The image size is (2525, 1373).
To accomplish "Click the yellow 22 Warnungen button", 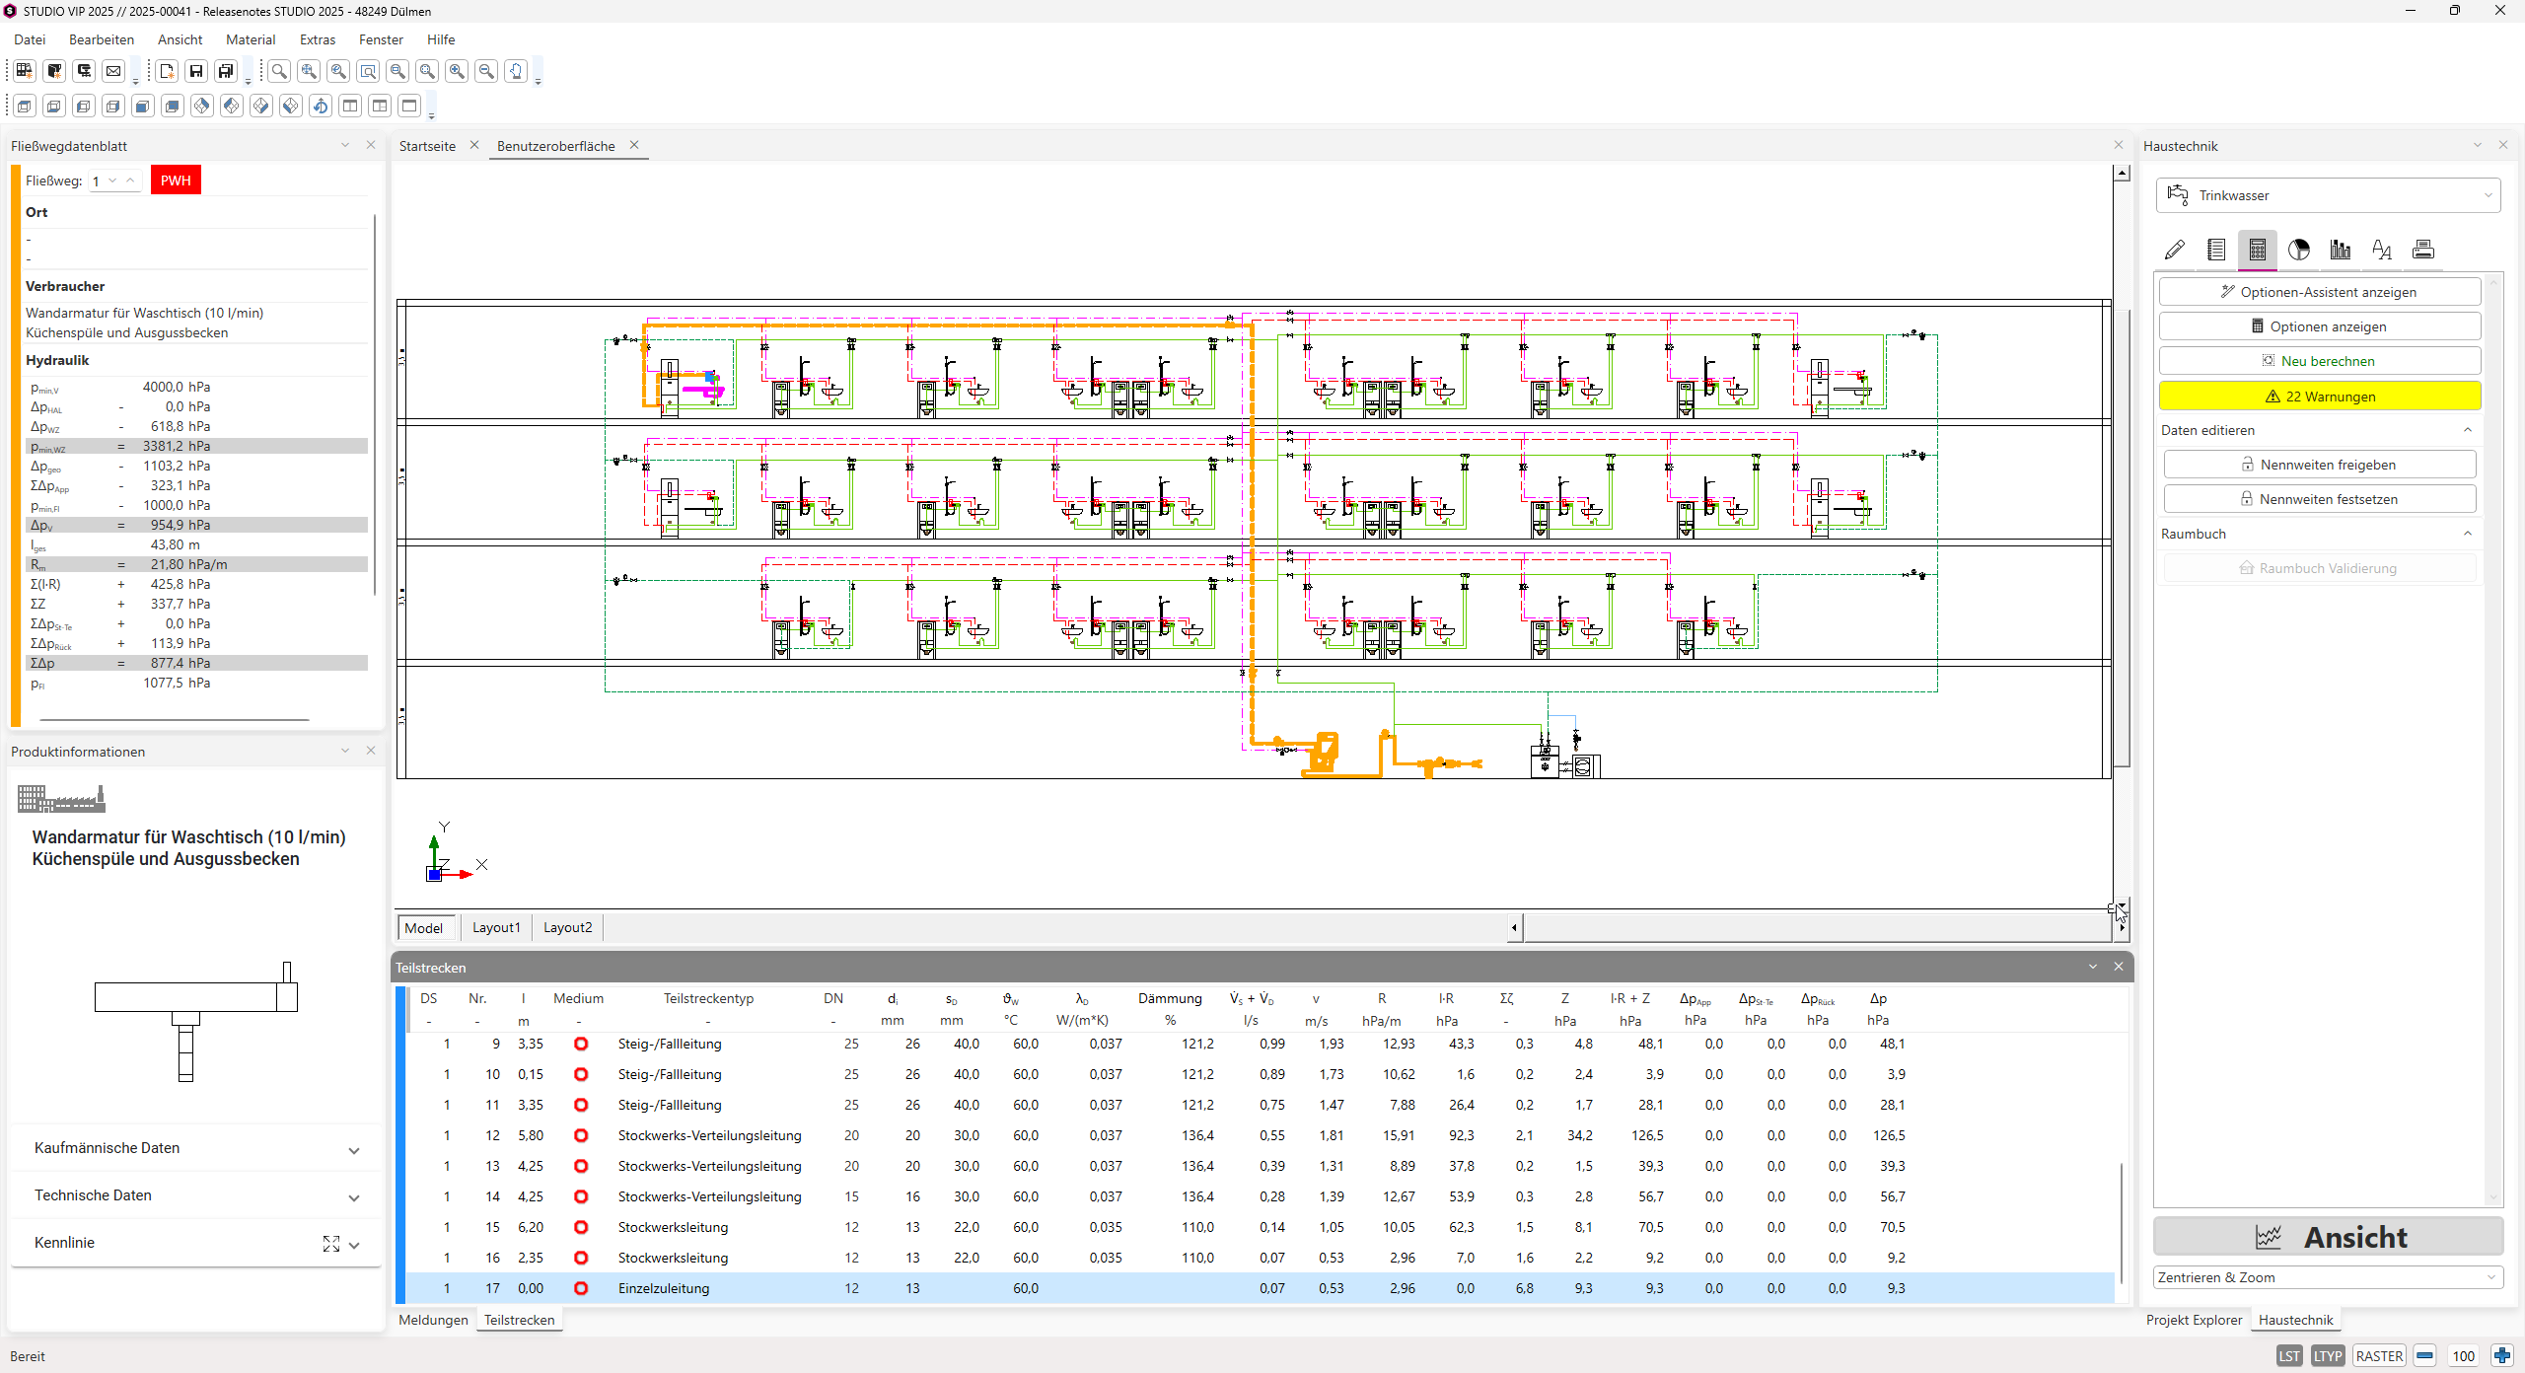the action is [x=2319, y=397].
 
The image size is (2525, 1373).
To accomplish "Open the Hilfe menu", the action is [x=441, y=39].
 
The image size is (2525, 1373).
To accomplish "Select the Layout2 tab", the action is [x=567, y=927].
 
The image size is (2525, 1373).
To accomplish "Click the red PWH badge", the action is [x=176, y=181].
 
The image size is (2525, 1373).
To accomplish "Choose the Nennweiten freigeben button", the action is [x=2319, y=465].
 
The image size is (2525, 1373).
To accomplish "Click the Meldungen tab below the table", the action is [x=433, y=1320].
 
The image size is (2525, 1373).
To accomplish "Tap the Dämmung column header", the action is [x=1170, y=998].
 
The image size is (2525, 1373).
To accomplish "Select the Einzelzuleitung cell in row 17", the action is [x=664, y=1288].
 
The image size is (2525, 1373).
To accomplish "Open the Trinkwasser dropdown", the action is [x=2328, y=195].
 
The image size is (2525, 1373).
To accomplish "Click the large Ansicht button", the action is [x=2328, y=1237].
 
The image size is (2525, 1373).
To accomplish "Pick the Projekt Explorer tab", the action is [x=2194, y=1320].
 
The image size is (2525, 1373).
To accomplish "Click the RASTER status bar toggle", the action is [x=2379, y=1356].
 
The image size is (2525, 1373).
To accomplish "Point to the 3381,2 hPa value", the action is [x=177, y=446].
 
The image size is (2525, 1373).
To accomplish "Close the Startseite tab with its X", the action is [x=474, y=145].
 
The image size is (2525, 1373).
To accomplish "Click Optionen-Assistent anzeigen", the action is [x=2319, y=292].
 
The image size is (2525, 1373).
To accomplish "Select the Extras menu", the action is [x=318, y=39].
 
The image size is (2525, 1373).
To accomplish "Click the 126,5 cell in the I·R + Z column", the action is [x=1647, y=1135].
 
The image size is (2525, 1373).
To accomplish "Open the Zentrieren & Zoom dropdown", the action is [x=2328, y=1277].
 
